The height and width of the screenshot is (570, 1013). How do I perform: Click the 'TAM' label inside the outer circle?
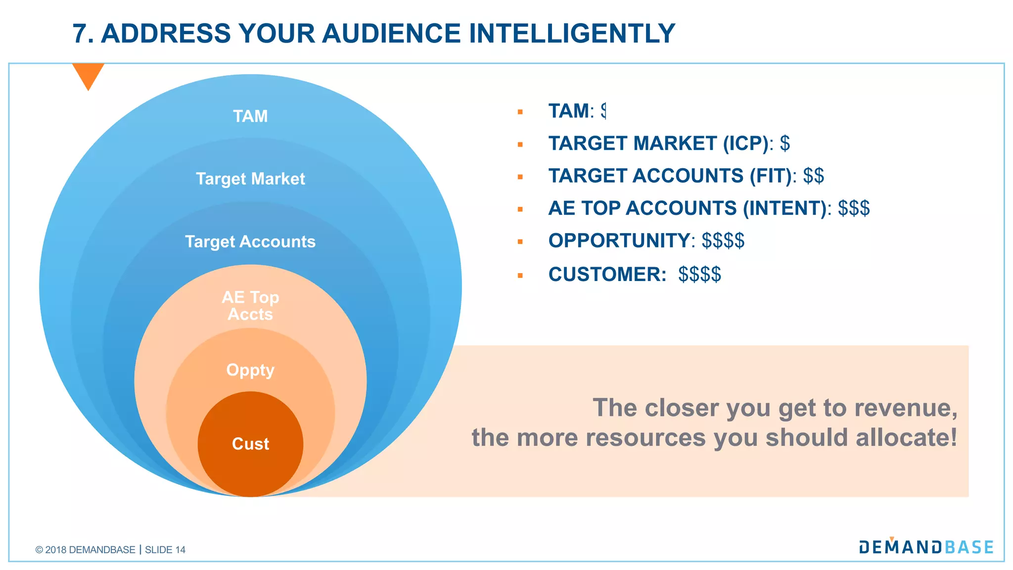click(x=250, y=116)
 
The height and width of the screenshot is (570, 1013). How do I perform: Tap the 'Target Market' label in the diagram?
click(x=250, y=179)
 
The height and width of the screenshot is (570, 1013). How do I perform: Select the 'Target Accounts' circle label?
click(x=250, y=241)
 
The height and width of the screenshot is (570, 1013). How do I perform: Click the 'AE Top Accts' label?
click(x=250, y=306)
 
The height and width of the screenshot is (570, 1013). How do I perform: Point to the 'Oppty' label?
click(x=250, y=370)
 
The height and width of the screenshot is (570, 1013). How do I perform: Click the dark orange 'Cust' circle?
click(x=250, y=444)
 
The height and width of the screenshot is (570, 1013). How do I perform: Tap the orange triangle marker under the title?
click(x=88, y=75)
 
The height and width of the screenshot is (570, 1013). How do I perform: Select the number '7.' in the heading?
click(x=83, y=34)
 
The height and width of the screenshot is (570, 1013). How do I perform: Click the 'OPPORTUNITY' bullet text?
click(x=618, y=241)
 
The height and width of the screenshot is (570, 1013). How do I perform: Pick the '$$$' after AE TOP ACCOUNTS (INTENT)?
click(x=854, y=208)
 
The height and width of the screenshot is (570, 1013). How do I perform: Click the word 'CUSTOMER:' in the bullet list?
click(x=607, y=275)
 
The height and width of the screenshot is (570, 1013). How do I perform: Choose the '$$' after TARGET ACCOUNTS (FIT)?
click(x=813, y=176)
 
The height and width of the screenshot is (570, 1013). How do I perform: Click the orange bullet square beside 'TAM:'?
click(x=520, y=112)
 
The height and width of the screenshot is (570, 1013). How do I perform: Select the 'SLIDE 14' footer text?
click(x=165, y=550)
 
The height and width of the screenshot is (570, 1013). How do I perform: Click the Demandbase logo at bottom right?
click(x=926, y=547)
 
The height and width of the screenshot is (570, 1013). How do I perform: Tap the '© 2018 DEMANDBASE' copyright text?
click(x=85, y=550)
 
